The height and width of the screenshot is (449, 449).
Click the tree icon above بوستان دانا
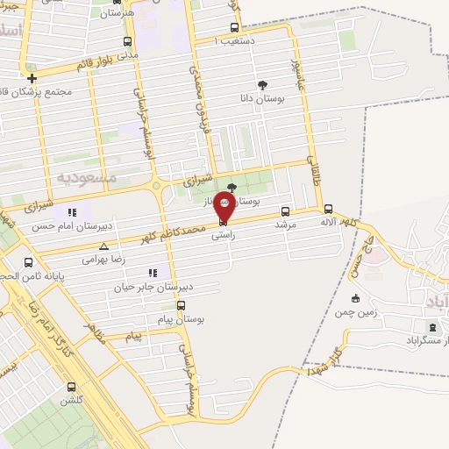tap(262, 85)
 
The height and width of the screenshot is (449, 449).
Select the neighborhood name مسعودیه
tap(87, 177)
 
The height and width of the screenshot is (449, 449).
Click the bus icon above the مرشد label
tap(286, 211)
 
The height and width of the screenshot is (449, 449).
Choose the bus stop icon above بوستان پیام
tap(181, 305)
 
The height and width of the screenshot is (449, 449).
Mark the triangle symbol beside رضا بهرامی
tap(104, 247)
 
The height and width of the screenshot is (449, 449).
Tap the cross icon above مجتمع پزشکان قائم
tap(32, 77)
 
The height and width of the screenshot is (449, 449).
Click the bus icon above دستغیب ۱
tap(233, 27)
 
